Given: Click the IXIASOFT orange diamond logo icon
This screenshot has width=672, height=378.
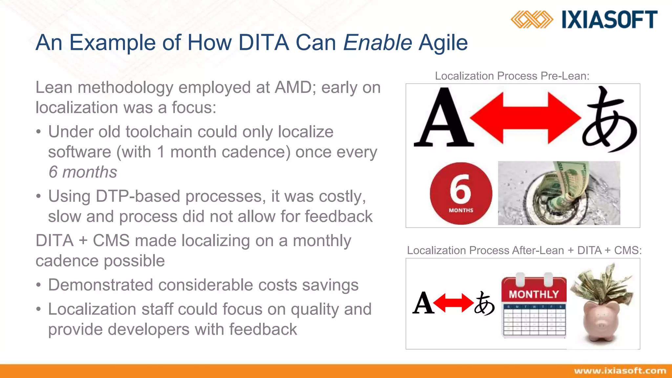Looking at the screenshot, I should click(532, 19).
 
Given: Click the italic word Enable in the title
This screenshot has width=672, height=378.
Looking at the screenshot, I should click(377, 43).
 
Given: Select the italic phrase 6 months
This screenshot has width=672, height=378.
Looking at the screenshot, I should click(83, 172).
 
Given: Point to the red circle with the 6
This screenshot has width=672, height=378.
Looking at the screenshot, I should click(461, 193).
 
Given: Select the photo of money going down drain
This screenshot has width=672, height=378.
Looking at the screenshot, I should click(559, 193).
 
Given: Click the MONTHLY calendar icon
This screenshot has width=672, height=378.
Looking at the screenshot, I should click(534, 305).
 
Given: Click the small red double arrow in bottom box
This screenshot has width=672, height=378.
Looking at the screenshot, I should click(453, 303).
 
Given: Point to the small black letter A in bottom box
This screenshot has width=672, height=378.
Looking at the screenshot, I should click(423, 303).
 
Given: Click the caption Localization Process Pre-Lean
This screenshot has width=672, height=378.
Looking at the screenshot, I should click(512, 76).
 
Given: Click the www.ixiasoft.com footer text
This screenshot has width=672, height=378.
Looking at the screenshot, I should click(620, 371).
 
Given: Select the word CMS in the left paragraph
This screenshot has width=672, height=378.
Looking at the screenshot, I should click(111, 241).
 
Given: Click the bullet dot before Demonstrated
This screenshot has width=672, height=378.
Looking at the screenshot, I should click(39, 285).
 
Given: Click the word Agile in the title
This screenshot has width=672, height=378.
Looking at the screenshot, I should click(443, 43).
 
